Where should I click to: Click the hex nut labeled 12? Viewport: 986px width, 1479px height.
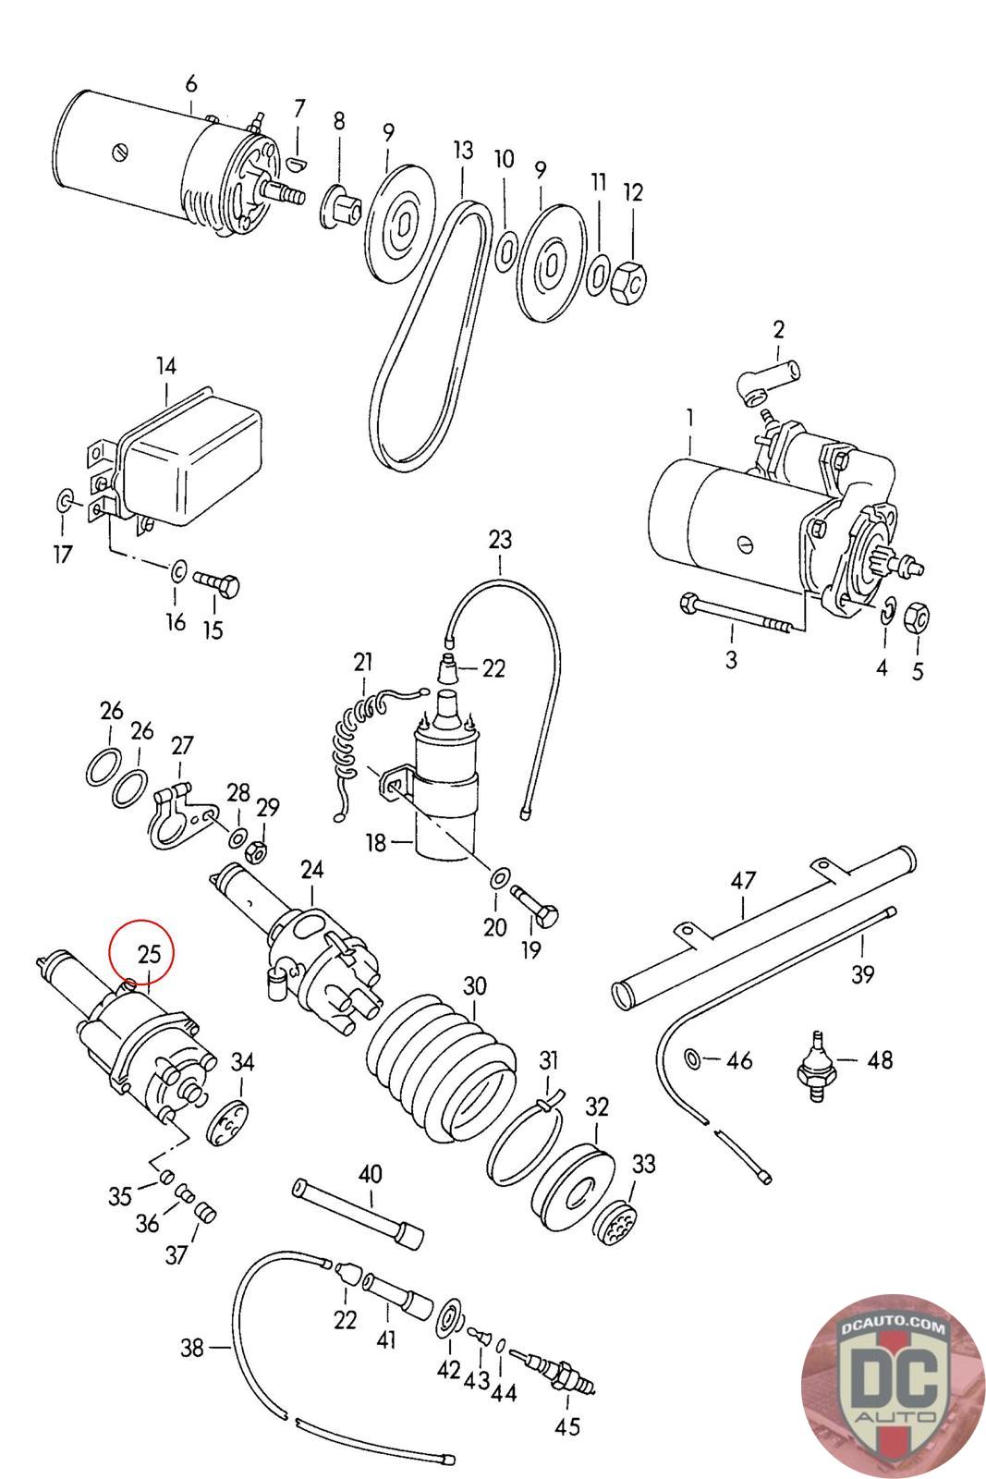[x=629, y=284]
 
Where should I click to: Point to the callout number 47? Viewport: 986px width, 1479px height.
[x=743, y=881]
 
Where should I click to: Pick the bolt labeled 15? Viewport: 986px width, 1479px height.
[x=216, y=582]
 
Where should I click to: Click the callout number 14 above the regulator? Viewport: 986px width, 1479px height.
[x=166, y=365]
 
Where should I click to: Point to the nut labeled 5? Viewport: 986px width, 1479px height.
[x=917, y=616]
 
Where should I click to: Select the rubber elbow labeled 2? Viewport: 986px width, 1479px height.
[x=769, y=379]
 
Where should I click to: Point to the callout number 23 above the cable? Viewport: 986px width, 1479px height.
[x=500, y=540]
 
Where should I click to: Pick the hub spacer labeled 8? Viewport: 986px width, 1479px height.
[x=341, y=207]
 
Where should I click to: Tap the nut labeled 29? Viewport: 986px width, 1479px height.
[x=255, y=851]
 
